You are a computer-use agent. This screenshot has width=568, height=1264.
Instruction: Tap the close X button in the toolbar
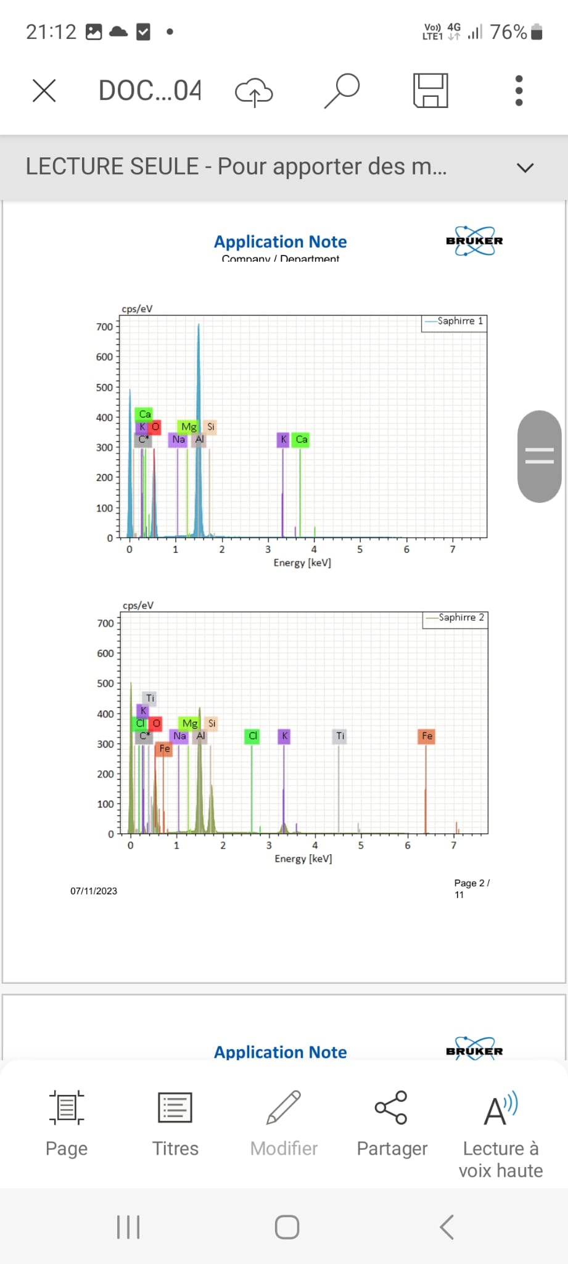44,91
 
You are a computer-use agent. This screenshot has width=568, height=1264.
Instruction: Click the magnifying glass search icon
342,90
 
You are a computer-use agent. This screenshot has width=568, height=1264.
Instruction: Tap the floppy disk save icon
430,91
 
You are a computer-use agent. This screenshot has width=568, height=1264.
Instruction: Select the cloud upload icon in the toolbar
253,92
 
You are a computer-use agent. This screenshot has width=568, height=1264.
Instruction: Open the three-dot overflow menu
519,91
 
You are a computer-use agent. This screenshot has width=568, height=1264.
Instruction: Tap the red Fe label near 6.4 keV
427,736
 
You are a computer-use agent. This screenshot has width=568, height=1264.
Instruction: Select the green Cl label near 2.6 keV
252,736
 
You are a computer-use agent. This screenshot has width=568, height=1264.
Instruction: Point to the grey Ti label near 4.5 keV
340,736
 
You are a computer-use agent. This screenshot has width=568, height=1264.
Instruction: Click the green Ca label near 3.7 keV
301,439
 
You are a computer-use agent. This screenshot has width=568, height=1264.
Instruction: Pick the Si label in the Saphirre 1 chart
211,426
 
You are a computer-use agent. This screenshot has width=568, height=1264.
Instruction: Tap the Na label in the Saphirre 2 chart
179,736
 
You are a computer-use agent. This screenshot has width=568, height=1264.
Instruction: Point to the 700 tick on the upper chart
104,326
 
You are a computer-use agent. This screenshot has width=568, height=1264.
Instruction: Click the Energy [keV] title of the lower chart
303,859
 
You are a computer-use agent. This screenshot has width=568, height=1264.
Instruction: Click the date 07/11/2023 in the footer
94,891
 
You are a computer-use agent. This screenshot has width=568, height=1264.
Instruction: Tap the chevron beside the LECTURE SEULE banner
525,167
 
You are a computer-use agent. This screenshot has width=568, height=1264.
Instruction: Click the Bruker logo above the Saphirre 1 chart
474,241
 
